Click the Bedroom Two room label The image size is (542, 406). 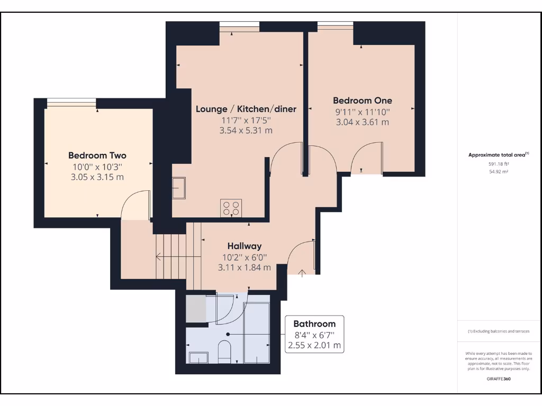coord(97,155)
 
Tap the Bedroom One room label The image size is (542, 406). coord(362,100)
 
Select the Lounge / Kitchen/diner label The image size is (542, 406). coord(246,109)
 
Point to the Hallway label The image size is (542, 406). coord(244,246)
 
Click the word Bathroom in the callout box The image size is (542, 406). coord(314,324)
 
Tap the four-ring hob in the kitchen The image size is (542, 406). coord(231,208)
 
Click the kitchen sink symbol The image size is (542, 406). coord(179,188)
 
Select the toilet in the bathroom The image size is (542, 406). coord(224,352)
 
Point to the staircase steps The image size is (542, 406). coord(171,257)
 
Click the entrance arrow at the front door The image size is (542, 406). coord(302,273)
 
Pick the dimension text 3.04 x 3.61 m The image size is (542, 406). coord(362,122)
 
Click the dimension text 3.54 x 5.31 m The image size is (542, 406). coord(246,130)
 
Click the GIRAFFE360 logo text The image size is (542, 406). coord(499,379)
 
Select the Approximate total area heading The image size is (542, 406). coord(497,155)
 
